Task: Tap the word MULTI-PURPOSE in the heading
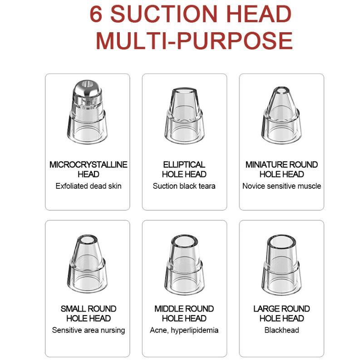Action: [x=194, y=40]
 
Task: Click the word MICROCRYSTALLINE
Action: [x=88, y=164]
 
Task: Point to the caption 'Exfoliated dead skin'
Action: [x=88, y=186]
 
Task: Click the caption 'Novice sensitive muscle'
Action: [x=282, y=186]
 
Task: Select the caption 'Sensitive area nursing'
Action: [x=88, y=330]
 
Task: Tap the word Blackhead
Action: [x=282, y=330]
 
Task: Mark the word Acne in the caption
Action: [x=158, y=330]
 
